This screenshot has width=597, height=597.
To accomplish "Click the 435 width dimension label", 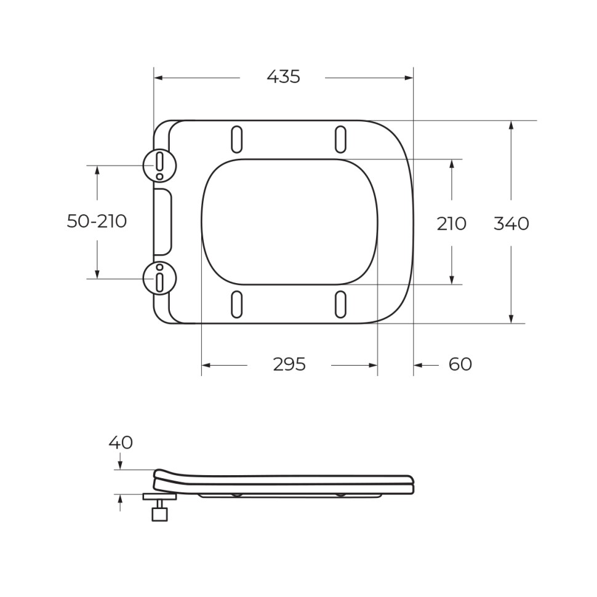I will (283, 77).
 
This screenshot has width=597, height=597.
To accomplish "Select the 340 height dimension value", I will (511, 223).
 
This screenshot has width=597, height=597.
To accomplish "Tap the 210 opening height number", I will (451, 223).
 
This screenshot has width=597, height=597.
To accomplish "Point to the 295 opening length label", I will (289, 364).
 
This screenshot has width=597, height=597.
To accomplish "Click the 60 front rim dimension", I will (460, 364).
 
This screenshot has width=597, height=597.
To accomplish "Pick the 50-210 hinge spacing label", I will (97, 222).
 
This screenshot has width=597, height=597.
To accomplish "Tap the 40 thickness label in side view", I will (121, 443).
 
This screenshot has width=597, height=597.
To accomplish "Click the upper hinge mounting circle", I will (159, 165).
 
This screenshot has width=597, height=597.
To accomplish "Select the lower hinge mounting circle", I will (159, 278).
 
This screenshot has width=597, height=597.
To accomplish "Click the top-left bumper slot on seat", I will (236, 139).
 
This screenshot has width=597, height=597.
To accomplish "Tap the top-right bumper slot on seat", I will (340, 139).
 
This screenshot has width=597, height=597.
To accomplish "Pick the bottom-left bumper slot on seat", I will (236, 304).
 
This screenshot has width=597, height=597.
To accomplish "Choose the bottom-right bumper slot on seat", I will (340, 304).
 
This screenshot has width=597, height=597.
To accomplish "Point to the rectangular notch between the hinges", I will (162, 222).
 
